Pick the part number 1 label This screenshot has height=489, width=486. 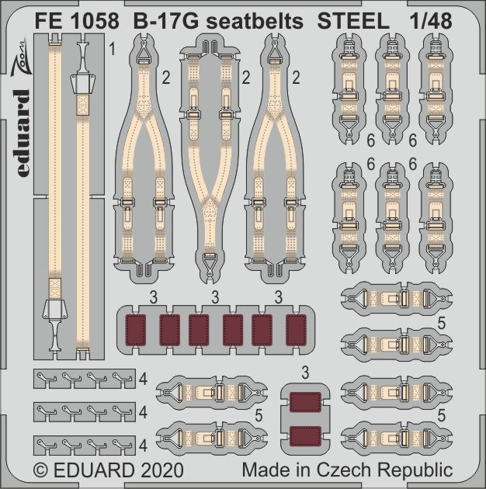[x=113, y=52]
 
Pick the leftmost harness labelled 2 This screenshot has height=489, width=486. [x=148, y=163]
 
